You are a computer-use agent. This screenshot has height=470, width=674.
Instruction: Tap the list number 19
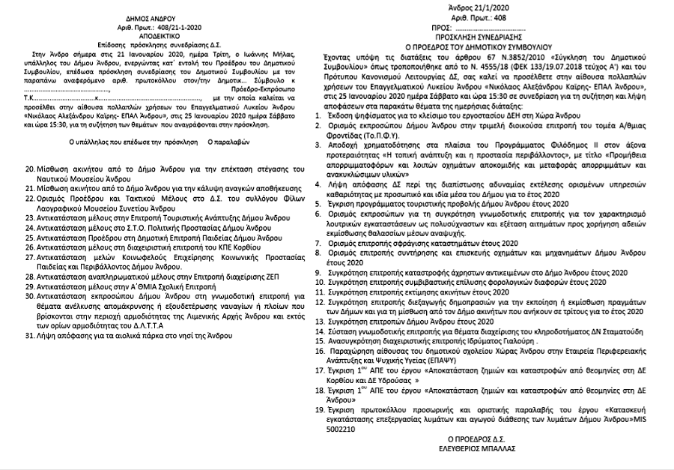tap(320, 413)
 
